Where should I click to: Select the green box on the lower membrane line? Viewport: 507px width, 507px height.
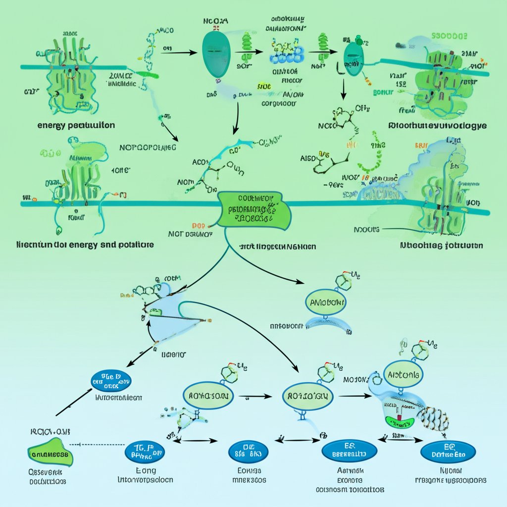254,211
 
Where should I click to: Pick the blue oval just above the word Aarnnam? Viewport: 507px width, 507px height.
349,451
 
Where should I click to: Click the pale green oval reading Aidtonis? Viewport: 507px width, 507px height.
403,375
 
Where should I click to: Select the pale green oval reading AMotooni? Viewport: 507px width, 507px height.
326,303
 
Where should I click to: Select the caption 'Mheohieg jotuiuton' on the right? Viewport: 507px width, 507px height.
442,245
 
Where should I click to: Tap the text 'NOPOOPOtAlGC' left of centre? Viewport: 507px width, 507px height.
148,148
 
